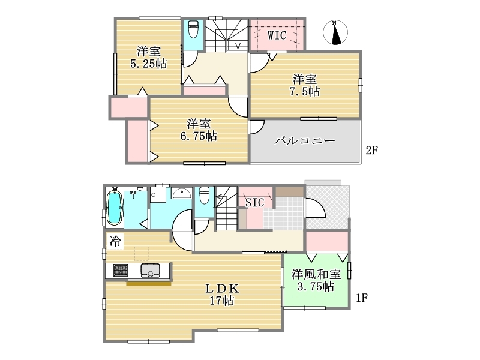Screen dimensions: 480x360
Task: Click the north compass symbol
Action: tap(335, 32)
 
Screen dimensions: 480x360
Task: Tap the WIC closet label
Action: tap(277, 35)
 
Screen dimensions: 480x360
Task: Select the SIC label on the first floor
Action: tap(254, 202)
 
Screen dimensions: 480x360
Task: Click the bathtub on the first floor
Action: tap(115, 208)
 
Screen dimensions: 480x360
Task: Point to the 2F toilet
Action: tap(193, 29)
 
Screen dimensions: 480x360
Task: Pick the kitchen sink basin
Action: tap(150, 271)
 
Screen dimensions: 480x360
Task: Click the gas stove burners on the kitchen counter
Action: tap(121, 271)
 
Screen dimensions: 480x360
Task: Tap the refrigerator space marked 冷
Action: tap(115, 242)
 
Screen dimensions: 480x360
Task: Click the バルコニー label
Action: tap(304, 141)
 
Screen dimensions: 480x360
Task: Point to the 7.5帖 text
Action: tap(305, 91)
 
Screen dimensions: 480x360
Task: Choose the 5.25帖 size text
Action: tap(148, 64)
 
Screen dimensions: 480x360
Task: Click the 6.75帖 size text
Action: tap(199, 136)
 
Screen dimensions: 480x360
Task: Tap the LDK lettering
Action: tap(221, 289)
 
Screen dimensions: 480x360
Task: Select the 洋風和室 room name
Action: tap(316, 274)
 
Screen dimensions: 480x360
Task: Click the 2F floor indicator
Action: tap(371, 151)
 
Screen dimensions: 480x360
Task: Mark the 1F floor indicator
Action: tap(361, 298)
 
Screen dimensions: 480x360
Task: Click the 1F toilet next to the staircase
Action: tap(204, 196)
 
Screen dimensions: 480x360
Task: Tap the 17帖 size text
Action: tap(221, 301)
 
